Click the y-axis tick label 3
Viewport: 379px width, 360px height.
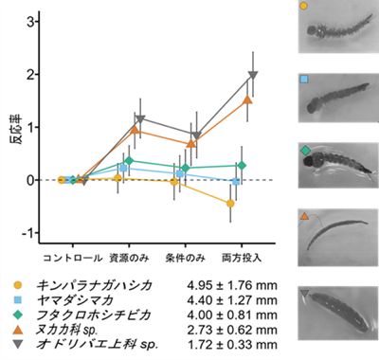click(30, 22)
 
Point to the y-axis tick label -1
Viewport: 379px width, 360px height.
click(27, 233)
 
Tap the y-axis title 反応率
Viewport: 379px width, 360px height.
click(17, 130)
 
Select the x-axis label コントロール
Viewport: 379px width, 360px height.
click(73, 258)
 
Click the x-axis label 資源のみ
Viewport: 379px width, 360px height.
click(129, 258)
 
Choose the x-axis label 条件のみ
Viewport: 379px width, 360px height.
click(185, 258)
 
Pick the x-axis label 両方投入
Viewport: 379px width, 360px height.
click(242, 258)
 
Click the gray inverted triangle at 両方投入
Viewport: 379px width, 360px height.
click(253, 75)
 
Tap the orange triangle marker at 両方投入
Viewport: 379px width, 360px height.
click(247, 99)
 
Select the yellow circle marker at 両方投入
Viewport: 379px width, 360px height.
click(230, 204)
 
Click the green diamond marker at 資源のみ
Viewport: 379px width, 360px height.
click(129, 161)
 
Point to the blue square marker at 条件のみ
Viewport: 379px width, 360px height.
click(180, 173)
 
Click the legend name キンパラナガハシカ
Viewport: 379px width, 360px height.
click(94, 285)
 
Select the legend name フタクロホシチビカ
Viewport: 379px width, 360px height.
click(94, 315)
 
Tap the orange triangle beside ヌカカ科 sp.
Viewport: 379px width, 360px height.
click(18, 330)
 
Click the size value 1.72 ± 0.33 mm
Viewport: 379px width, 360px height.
click(232, 345)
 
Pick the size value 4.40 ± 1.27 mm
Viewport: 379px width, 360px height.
click(232, 300)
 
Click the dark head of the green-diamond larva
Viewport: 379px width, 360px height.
click(311, 161)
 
